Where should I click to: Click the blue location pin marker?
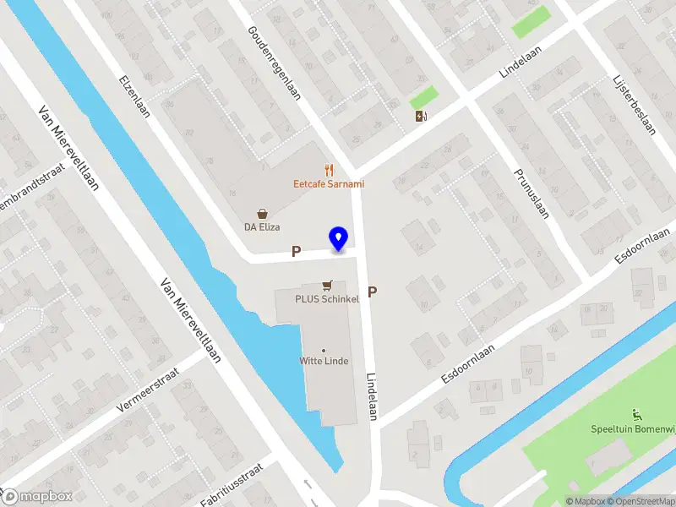338,239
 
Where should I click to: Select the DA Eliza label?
262,227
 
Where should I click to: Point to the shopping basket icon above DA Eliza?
264,214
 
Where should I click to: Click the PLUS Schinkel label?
327,299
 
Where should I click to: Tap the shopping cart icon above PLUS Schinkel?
327,286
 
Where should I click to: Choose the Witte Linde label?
324,361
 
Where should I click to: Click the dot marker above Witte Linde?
324,350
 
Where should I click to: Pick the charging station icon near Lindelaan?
421,116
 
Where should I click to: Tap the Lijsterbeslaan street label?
634,104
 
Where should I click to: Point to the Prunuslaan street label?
532,192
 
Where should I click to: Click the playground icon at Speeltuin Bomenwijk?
637,415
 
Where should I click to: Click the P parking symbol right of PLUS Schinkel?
371,292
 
